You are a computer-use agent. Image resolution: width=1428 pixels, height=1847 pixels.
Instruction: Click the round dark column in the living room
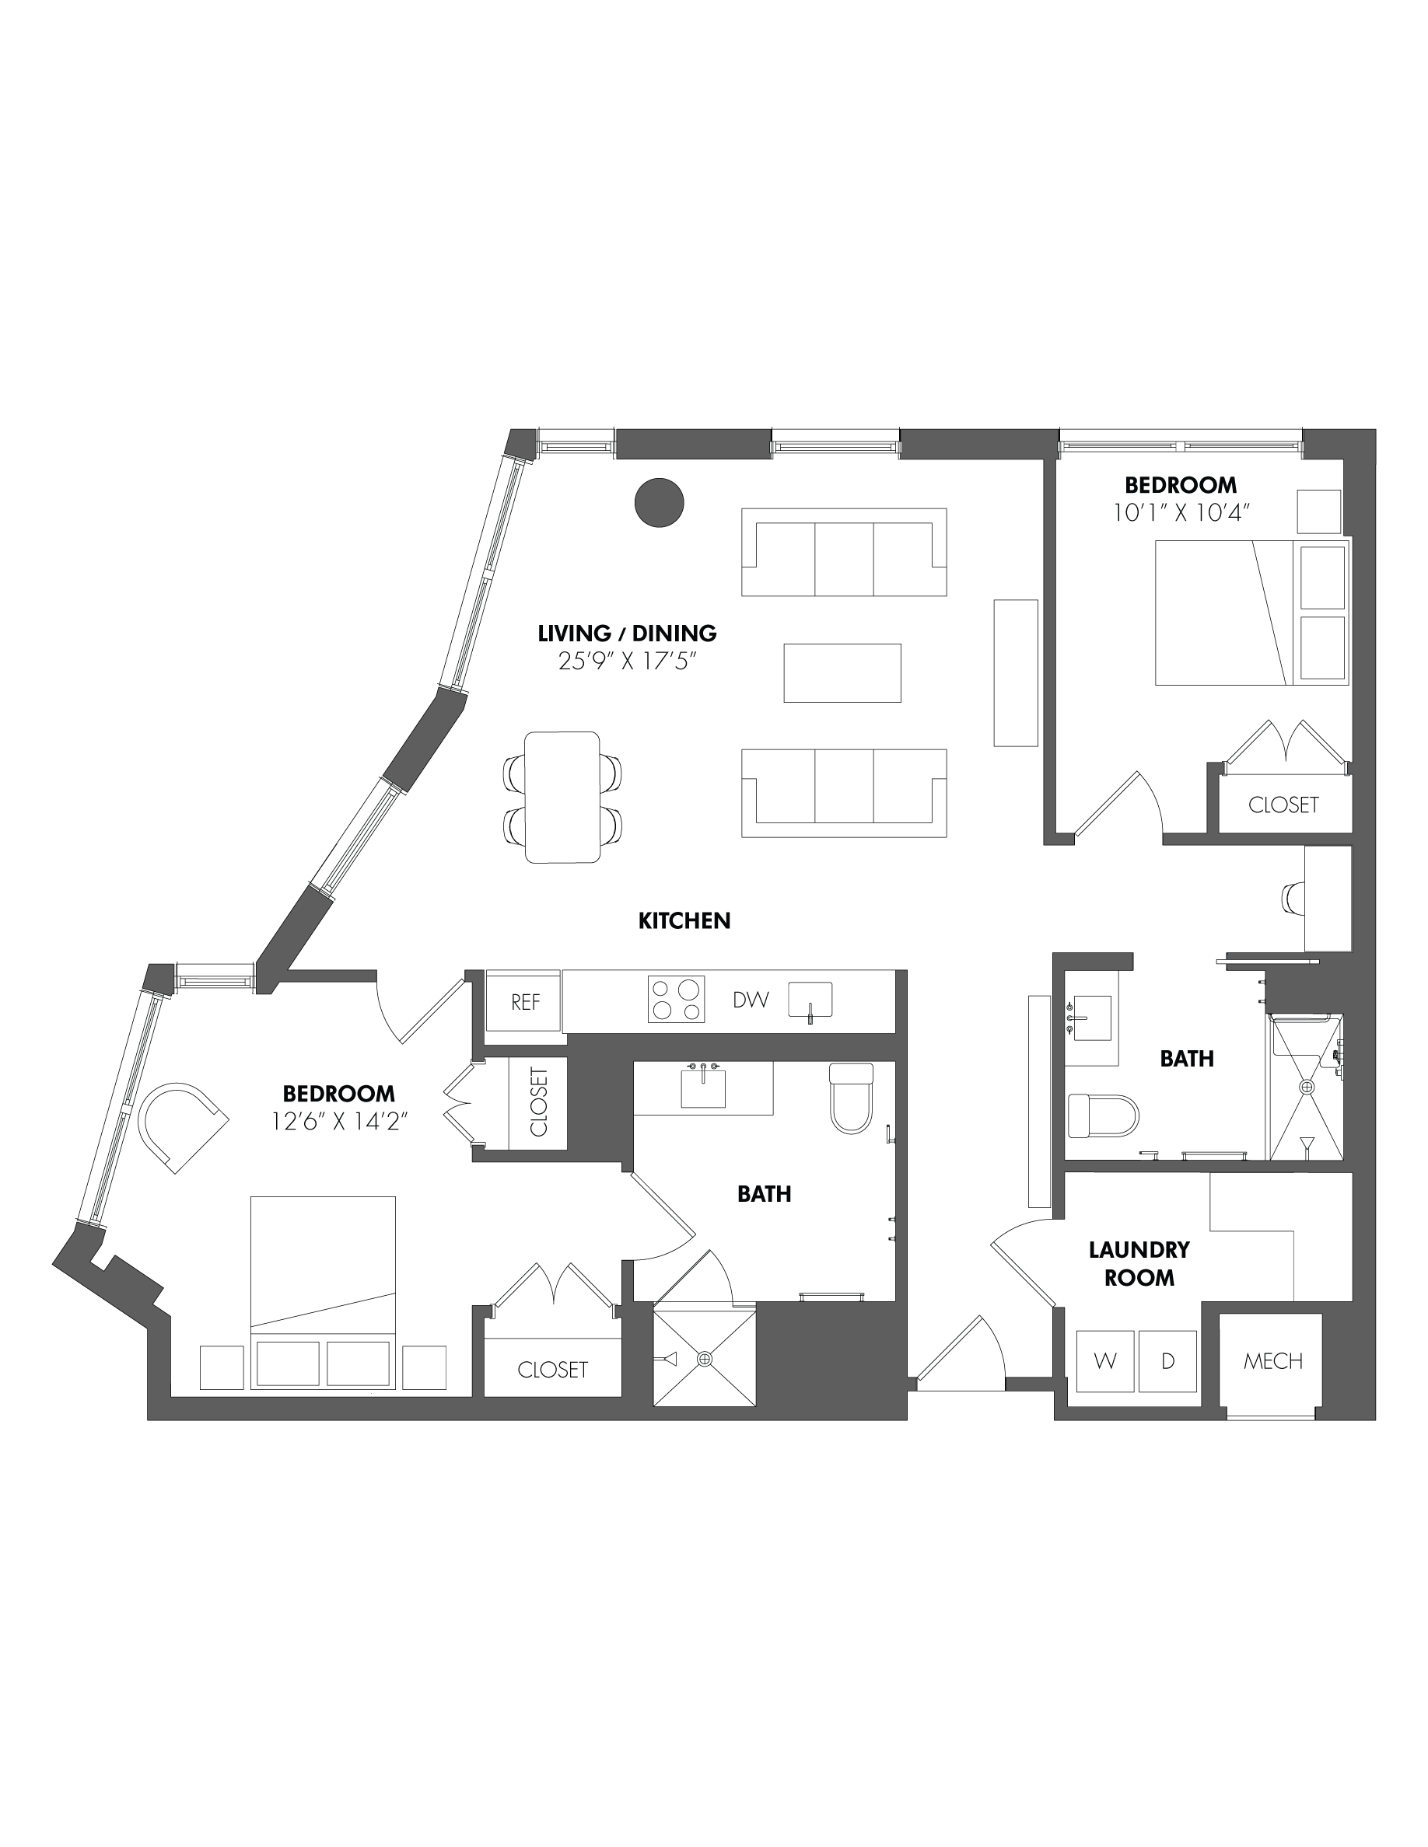click(659, 502)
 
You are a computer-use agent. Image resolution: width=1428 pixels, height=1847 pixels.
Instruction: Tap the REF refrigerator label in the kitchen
click(525, 1002)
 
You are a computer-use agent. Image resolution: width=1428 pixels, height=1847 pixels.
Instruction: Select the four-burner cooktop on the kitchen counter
click(676, 1000)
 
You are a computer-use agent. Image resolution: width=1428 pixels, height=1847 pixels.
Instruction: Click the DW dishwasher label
click(751, 1000)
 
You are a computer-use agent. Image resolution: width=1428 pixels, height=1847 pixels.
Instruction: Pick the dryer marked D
click(1168, 1360)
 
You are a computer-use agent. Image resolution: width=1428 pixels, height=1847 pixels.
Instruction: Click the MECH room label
click(1273, 1360)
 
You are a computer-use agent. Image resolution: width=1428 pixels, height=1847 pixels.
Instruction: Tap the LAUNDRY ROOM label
click(1139, 1263)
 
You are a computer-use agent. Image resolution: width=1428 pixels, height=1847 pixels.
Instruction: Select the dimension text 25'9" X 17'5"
click(627, 661)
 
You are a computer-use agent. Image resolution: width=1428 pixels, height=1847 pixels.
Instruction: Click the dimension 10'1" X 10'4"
click(1181, 512)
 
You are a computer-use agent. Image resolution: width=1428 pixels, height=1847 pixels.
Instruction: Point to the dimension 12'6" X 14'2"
click(339, 1122)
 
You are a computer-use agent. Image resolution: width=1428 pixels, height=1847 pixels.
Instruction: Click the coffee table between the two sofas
click(842, 673)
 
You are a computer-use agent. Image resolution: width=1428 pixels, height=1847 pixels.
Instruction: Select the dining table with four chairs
click(562, 798)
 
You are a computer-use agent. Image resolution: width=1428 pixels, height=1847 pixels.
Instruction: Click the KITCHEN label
click(684, 921)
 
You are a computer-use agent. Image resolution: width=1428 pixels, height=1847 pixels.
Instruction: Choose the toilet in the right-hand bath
click(1103, 1116)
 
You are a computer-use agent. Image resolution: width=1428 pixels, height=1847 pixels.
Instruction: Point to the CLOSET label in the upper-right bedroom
click(1283, 805)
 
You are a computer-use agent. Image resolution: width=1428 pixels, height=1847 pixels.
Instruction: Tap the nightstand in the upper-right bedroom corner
click(1320, 511)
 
